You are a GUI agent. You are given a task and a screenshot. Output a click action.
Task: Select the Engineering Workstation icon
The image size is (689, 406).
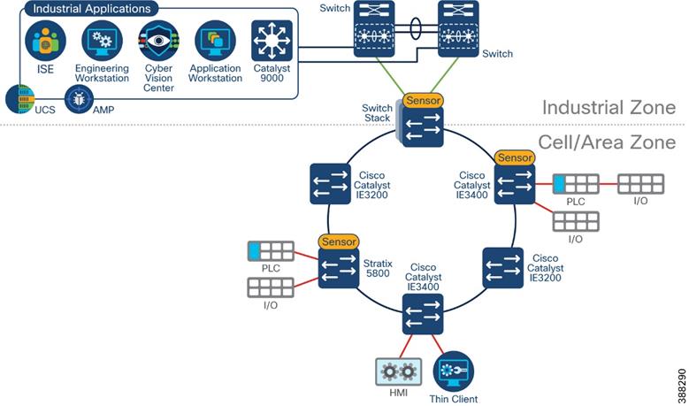[102, 41]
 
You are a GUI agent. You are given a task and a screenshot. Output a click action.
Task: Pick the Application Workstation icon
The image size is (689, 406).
[215, 41]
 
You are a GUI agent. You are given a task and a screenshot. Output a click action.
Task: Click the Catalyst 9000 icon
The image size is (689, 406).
[272, 41]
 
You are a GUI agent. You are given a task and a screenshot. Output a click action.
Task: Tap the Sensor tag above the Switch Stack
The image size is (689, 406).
[423, 101]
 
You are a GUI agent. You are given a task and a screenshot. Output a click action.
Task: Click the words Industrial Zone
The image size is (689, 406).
[609, 108]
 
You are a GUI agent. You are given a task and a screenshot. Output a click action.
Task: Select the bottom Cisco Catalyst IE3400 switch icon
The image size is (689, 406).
[423, 312]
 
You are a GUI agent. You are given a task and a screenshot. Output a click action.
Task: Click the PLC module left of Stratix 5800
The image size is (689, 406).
[271, 250]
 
